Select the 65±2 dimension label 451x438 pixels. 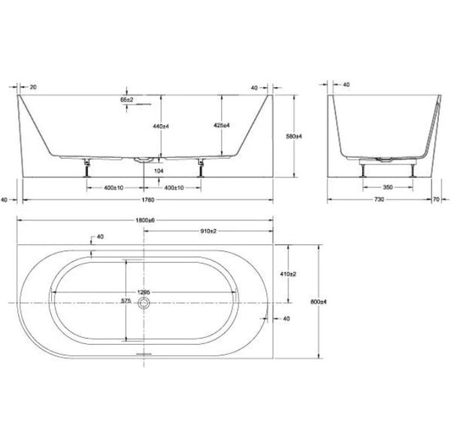[127, 98]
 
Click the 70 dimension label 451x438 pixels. [435, 199]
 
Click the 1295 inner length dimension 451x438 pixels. [145, 291]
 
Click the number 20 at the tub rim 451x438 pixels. [34, 86]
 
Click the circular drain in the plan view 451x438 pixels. [145, 303]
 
